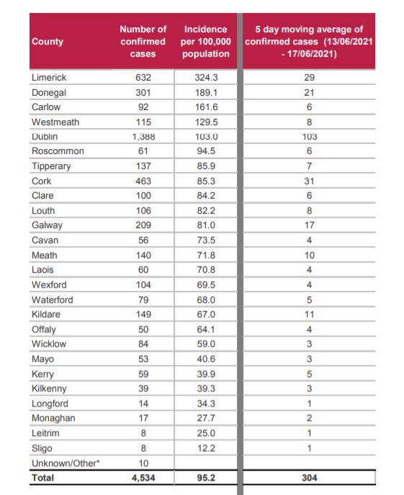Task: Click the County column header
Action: pyautogui.click(x=48, y=42)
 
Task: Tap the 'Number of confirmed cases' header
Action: pyautogui.click(x=143, y=41)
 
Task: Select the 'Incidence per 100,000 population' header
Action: pyautogui.click(x=206, y=41)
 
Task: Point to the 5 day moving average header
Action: pyautogui.click(x=309, y=41)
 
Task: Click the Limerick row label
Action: pyautogui.click(x=49, y=78)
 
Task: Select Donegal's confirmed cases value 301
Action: pyautogui.click(x=143, y=93)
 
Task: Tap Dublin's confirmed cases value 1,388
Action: pyautogui.click(x=143, y=137)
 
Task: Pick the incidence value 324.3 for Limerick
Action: pyautogui.click(x=206, y=78)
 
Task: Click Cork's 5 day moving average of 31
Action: pyautogui.click(x=309, y=181)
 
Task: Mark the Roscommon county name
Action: pyautogui.click(x=58, y=151)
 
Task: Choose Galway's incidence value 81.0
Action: pyautogui.click(x=206, y=225)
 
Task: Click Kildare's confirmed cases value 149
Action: pyautogui.click(x=143, y=314)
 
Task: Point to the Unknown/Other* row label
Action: pyautogui.click(x=66, y=463)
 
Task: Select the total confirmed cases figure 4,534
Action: pyautogui.click(x=143, y=478)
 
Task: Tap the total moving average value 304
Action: pyautogui.click(x=309, y=478)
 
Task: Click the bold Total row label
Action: pyautogui.click(x=42, y=478)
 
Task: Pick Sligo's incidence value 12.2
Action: pyautogui.click(x=206, y=448)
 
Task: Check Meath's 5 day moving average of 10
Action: pyautogui.click(x=309, y=255)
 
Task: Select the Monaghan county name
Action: pyautogui.click(x=53, y=418)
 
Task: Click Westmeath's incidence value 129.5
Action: pyautogui.click(x=206, y=122)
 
